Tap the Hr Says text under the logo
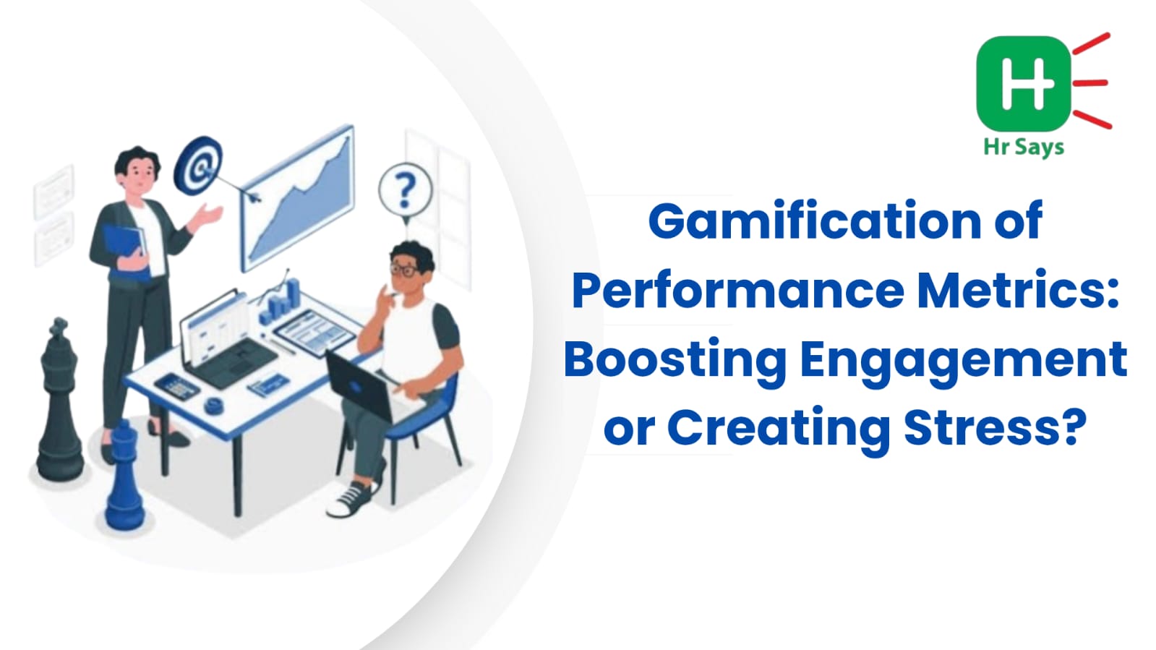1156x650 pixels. tap(1024, 147)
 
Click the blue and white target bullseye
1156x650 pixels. tap(198, 165)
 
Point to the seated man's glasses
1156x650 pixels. tap(406, 270)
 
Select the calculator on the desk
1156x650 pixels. tap(177, 386)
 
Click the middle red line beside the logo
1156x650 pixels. tap(1090, 82)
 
